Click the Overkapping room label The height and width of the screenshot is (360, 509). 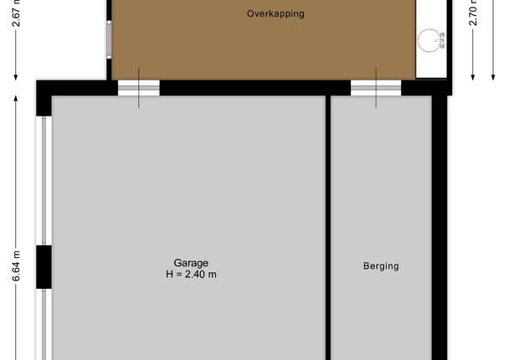[275, 14]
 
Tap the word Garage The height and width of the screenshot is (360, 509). [191, 263]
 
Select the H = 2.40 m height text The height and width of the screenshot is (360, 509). [191, 275]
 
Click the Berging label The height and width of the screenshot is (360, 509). [381, 266]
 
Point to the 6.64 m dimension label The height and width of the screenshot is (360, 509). [16, 266]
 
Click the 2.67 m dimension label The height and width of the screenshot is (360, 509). [16, 13]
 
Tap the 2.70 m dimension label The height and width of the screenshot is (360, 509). [473, 13]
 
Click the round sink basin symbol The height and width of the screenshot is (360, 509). [429, 40]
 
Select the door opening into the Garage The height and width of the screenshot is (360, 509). [139, 88]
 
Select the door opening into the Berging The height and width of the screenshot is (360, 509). [376, 88]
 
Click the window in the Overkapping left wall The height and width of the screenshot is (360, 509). [109, 39]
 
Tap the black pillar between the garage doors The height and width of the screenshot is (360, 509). [44, 267]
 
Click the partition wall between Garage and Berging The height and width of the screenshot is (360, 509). [328, 228]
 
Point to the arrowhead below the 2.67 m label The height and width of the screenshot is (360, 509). [16, 77]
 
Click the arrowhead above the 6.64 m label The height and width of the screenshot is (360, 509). [16, 98]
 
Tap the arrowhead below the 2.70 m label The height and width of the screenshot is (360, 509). [473, 77]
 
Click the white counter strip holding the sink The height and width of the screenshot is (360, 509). [431, 39]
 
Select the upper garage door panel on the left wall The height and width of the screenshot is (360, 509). [44, 181]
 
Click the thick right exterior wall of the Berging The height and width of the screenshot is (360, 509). [440, 228]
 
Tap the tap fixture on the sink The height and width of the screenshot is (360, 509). [441, 40]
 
